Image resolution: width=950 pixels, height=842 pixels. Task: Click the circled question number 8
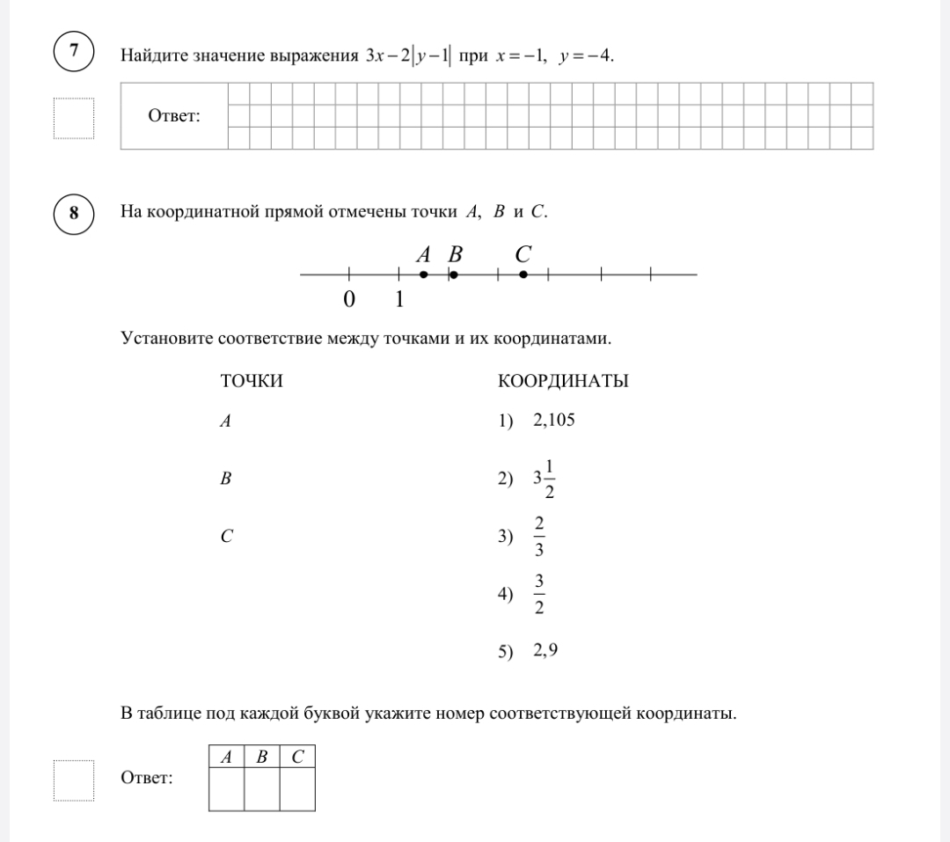(74, 212)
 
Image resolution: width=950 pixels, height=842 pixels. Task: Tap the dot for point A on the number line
(423, 275)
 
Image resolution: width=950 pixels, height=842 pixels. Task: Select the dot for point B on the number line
(453, 275)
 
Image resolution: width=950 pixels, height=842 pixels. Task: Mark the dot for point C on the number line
(523, 275)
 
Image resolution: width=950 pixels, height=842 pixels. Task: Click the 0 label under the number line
(349, 300)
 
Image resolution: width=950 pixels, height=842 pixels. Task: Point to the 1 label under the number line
(399, 300)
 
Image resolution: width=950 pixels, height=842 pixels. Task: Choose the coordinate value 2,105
(553, 420)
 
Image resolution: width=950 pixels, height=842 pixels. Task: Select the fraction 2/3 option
(539, 537)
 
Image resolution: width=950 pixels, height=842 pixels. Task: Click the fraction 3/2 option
(539, 596)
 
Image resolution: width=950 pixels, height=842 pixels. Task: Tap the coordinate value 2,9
(545, 651)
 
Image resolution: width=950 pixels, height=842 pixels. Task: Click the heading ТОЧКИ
(252, 381)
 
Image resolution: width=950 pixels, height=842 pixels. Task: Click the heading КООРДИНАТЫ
(563, 381)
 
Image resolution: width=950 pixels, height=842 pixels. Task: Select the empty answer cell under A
(226, 788)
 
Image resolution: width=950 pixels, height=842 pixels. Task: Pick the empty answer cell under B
(261, 788)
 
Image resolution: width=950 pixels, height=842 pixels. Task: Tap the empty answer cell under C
(297, 788)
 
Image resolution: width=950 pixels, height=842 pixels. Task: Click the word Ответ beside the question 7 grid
(174, 116)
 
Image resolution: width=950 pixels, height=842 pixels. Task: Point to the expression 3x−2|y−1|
(408, 57)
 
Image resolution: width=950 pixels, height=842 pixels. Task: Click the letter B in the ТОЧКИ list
(226, 479)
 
